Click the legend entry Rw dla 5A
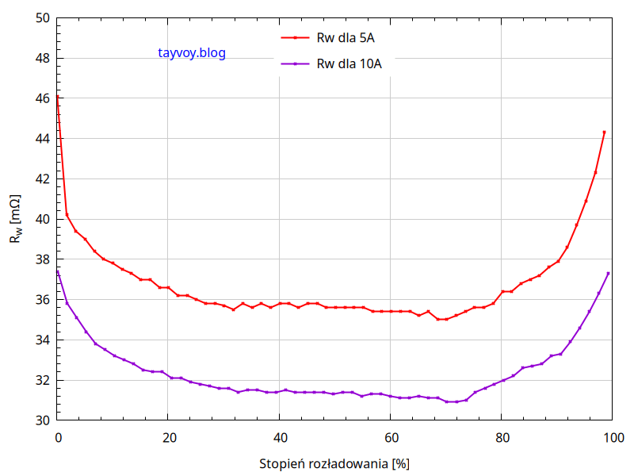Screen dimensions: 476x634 (x=351, y=37)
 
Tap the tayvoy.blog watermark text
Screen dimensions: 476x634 (x=192, y=53)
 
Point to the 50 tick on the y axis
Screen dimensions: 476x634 (x=44, y=17)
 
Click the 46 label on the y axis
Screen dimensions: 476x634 (x=44, y=98)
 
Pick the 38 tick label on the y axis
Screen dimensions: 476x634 (x=44, y=259)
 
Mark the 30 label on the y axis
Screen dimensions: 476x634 (x=44, y=420)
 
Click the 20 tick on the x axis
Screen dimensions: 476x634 (x=168, y=437)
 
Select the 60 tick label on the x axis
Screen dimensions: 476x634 (x=391, y=437)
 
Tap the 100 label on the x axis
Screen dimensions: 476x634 (x=613, y=437)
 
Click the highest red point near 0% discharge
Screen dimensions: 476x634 (x=58, y=97)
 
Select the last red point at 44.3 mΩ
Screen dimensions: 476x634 (x=604, y=132)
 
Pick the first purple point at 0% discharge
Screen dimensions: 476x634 (x=58, y=271)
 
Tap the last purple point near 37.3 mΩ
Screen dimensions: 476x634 (x=608, y=274)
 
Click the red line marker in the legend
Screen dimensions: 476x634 (x=295, y=37)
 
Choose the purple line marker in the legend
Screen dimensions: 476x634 (x=295, y=64)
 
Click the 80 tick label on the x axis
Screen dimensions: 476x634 (x=502, y=437)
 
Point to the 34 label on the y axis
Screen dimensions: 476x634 (x=44, y=340)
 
